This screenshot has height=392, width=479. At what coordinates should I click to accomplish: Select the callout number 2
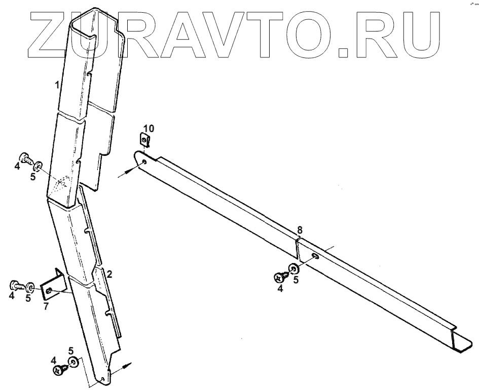[x=109, y=274]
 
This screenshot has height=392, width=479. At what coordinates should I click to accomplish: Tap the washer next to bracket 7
[x=31, y=288]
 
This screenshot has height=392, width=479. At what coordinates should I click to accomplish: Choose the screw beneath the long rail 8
[x=280, y=277]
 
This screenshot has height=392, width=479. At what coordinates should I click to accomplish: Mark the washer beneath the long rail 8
[x=293, y=269]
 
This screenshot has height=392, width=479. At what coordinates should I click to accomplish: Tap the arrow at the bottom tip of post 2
[x=125, y=367]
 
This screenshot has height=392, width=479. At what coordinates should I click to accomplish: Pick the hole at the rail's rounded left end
[x=144, y=162]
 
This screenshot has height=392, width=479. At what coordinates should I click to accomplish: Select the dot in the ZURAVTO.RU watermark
[x=344, y=50]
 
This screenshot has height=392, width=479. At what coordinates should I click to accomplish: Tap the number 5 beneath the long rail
[x=296, y=279]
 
